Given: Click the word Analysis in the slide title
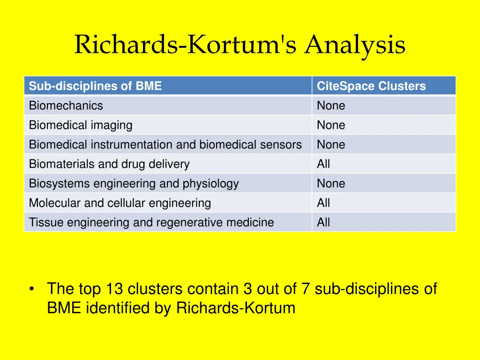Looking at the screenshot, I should [x=355, y=45].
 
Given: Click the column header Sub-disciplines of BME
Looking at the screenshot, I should [x=95, y=86].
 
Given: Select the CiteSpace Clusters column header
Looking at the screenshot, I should [x=371, y=86].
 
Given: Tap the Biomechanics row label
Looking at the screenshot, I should [x=66, y=106].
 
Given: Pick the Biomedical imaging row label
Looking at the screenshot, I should [x=81, y=125].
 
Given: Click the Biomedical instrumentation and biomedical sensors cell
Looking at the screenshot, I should [x=165, y=145].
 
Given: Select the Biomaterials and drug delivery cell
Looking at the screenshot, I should [x=109, y=164].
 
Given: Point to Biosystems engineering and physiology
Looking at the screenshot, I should [x=134, y=184].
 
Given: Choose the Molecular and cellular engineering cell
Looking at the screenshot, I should [x=120, y=203].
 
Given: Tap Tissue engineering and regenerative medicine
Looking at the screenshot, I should [x=151, y=222].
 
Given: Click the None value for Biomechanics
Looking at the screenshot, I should [x=331, y=106].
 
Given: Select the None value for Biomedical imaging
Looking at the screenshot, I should [x=331, y=125].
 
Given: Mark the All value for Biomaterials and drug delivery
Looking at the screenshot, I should [x=323, y=164].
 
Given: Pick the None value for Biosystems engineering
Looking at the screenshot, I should [x=331, y=184].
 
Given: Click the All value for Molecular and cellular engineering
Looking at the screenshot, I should [x=323, y=203].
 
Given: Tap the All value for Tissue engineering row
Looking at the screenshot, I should [x=323, y=222].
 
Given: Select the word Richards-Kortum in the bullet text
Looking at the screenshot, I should [x=236, y=308].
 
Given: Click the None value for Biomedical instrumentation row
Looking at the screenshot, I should [x=331, y=145].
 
